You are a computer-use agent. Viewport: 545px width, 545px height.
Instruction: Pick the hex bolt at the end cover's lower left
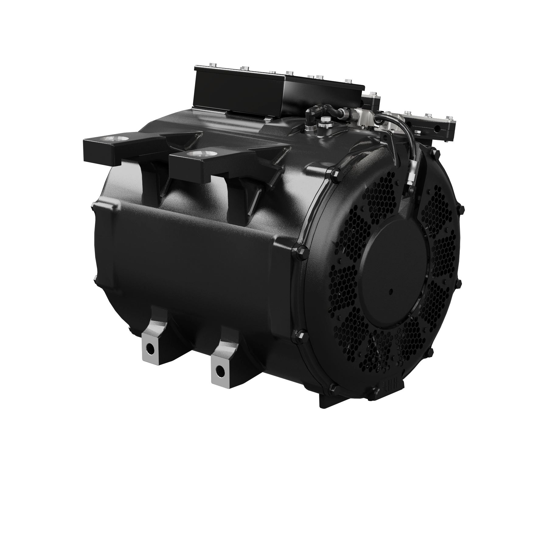298,335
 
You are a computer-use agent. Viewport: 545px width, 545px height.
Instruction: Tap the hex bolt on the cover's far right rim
461,209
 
